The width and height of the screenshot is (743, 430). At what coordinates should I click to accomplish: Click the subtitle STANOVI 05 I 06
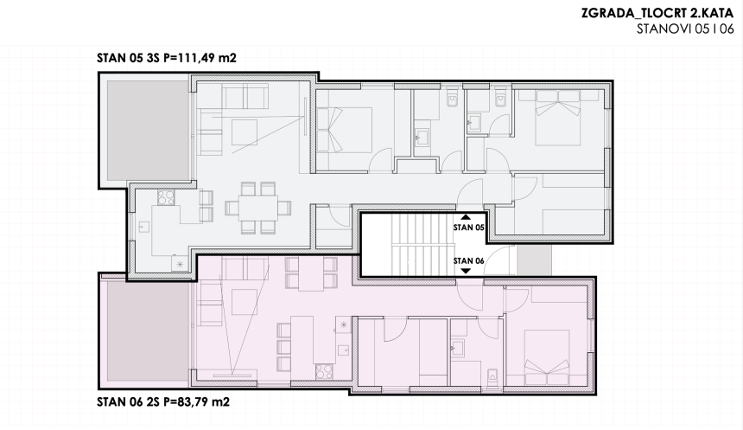684,29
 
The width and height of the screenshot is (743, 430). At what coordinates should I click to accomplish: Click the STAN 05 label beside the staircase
467,228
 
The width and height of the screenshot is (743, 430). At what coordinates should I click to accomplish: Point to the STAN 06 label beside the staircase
467,260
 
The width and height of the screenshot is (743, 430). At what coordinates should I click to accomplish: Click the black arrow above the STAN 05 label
467,218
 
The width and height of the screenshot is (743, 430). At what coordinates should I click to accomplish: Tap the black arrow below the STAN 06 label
467,271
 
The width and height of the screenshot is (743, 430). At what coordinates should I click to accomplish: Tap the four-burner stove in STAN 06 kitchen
327,373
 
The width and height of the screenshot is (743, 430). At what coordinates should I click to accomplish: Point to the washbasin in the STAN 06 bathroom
460,349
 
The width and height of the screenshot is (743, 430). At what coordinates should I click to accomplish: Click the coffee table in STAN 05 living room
244,132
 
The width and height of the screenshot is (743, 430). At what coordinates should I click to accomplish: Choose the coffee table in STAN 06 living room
242,301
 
